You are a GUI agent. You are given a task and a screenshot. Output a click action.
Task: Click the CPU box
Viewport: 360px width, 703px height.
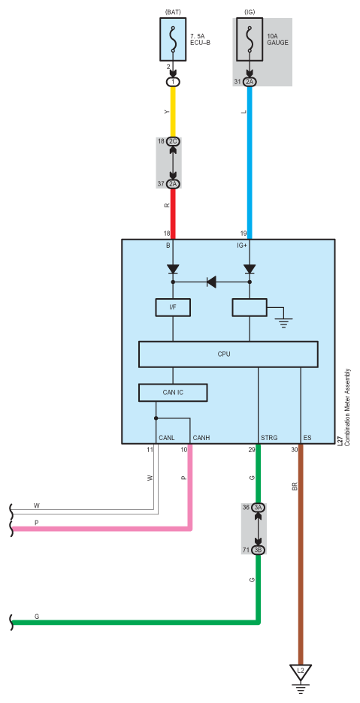click(228, 355)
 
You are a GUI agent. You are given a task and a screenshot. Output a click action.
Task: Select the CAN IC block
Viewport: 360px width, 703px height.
click(173, 393)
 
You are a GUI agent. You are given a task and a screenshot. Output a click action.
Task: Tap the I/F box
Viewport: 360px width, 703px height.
click(173, 308)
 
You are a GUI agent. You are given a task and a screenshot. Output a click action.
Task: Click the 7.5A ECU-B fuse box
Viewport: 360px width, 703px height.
click(173, 40)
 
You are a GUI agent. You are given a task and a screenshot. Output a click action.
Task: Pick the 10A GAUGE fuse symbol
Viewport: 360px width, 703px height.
click(250, 40)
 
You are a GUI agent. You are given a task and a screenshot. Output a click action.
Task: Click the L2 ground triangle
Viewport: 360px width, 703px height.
click(301, 672)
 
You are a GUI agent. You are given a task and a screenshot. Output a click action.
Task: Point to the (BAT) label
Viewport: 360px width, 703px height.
click(173, 12)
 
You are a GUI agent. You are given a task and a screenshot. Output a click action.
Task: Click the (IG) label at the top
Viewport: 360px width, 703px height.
click(250, 12)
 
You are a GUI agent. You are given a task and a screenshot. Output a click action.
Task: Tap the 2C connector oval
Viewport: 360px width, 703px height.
click(174, 142)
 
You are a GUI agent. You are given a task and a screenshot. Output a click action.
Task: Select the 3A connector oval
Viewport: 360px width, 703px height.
click(258, 508)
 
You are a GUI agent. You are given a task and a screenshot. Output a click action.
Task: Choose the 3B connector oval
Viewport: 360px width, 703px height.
click(258, 550)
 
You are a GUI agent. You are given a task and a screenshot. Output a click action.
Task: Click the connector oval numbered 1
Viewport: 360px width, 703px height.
click(174, 82)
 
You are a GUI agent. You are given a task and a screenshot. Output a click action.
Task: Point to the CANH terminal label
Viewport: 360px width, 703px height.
click(201, 437)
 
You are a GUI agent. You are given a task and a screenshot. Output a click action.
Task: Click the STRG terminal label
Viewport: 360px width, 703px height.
click(269, 437)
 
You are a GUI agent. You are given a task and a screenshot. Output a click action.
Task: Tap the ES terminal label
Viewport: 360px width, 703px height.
click(307, 437)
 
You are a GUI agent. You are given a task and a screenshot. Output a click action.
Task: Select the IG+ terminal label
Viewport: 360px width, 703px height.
click(243, 246)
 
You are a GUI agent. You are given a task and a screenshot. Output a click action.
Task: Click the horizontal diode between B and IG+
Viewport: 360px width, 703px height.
click(211, 282)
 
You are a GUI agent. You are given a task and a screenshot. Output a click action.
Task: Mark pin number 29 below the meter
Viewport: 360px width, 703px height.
click(252, 449)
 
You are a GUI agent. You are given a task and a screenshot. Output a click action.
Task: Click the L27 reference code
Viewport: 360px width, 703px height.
click(340, 440)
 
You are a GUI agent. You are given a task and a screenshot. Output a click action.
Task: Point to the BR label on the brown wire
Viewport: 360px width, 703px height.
click(295, 486)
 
